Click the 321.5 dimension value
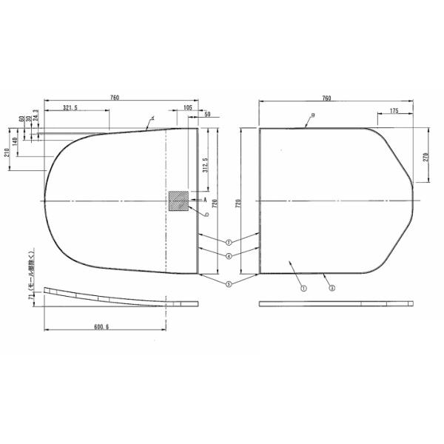point(72,108)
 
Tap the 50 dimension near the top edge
point(206,115)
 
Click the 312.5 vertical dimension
point(204,162)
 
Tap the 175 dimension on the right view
point(392,110)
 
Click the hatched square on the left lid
point(178,201)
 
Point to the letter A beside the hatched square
point(203,200)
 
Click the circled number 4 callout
point(229,255)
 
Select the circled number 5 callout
point(229,283)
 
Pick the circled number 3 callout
point(332,288)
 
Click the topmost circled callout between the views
point(229,242)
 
